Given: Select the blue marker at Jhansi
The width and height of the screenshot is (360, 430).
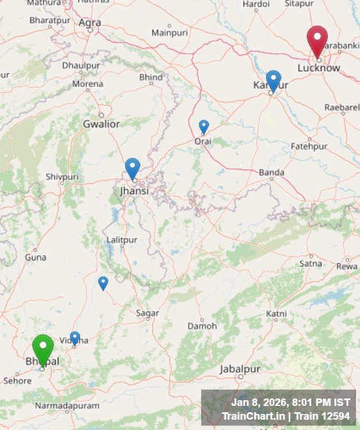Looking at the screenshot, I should point(132,169).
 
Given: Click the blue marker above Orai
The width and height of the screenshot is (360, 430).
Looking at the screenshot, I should point(204,126).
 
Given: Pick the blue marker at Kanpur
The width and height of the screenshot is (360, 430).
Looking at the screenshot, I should point(273,80).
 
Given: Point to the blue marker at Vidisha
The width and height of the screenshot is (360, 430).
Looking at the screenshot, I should point(75,338).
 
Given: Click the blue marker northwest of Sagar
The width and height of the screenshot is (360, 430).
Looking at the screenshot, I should point(103,283).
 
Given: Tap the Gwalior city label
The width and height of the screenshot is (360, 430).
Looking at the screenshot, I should point(101,124).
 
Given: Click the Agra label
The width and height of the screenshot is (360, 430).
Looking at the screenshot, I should point(90,22).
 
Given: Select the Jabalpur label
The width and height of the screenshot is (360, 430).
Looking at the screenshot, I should point(240,369).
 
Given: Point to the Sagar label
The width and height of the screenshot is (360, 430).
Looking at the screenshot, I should point(147,312).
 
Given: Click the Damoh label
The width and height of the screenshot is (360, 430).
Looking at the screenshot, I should point(202,326).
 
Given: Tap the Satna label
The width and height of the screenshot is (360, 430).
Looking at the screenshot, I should point(311,263).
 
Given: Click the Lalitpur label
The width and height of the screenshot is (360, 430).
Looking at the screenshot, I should point(122,239).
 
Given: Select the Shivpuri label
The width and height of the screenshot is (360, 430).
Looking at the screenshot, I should point(62,177).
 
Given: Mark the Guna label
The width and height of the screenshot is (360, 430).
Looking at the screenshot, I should point(36,257).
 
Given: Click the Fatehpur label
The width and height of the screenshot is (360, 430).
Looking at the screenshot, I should point(309,146).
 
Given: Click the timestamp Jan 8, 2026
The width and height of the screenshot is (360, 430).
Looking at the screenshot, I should point(259,402).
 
